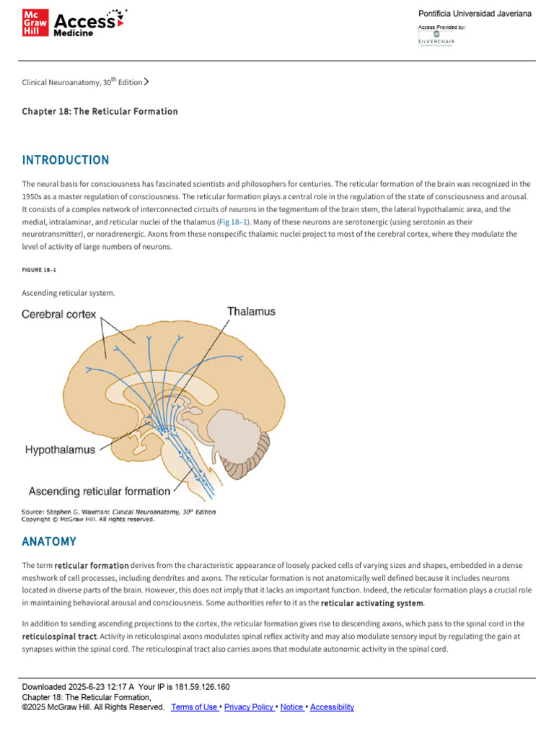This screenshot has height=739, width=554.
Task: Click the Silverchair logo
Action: click(x=436, y=37)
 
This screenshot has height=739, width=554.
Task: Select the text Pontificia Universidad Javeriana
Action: click(x=475, y=14)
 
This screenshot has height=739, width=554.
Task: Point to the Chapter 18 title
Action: click(x=100, y=112)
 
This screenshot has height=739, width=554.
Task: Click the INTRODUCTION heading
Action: click(x=66, y=160)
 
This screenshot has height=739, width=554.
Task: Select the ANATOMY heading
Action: click(x=49, y=541)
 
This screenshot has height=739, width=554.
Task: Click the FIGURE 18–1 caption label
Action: click(x=39, y=269)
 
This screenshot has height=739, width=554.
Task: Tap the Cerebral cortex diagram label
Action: click(x=59, y=315)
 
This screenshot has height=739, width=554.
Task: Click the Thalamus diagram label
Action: click(x=251, y=312)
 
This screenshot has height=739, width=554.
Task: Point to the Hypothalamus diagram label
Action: click(x=60, y=450)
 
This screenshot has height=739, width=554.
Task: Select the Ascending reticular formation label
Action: click(x=100, y=491)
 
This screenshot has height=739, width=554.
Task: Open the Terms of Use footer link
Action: click(x=194, y=707)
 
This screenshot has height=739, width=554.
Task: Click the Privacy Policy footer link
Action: click(x=248, y=707)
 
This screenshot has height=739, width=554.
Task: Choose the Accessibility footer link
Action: click(x=332, y=707)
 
